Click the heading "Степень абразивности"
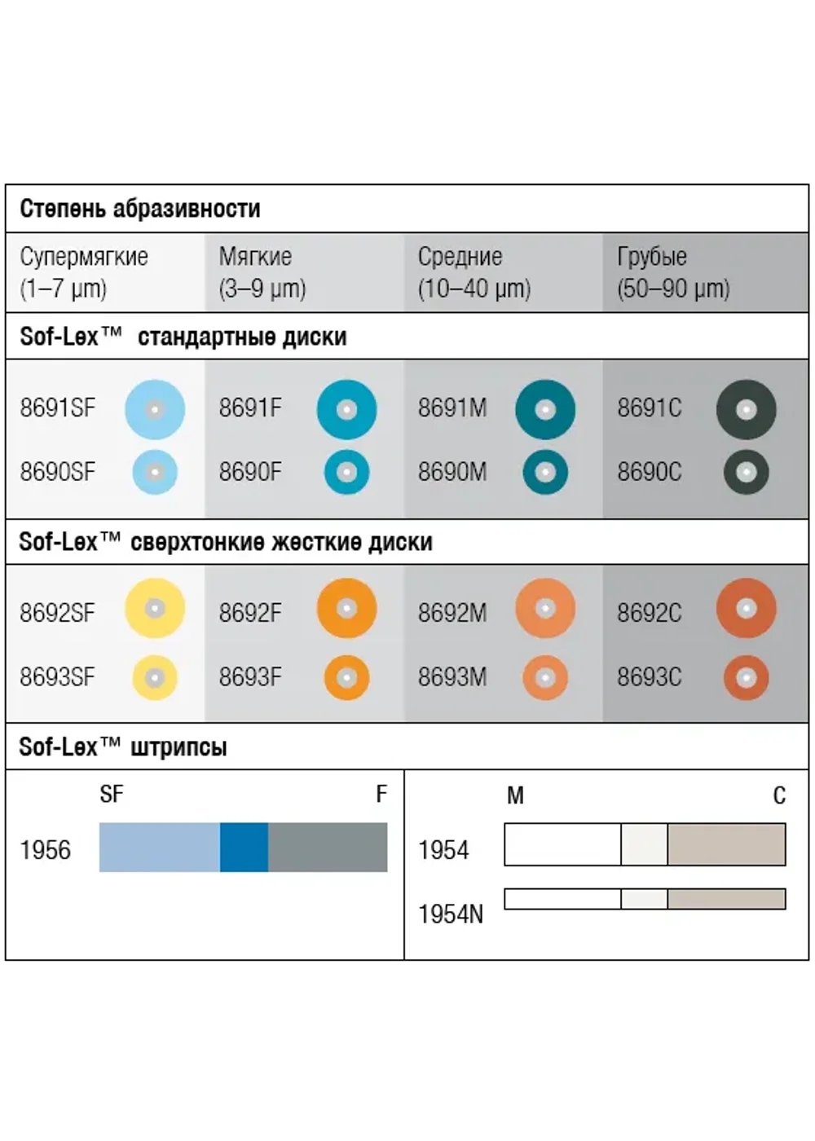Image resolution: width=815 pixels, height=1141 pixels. pyautogui.click(x=140, y=209)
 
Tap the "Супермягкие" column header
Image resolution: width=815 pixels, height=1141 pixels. pyautogui.click(x=84, y=257)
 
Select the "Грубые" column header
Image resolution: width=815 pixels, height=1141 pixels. pyautogui.click(x=651, y=257)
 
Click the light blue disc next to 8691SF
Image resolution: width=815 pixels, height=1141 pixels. pyautogui.click(x=155, y=409)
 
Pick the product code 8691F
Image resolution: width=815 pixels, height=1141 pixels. pyautogui.click(x=250, y=408)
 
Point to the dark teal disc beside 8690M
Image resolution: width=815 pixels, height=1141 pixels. pyautogui.click(x=545, y=472)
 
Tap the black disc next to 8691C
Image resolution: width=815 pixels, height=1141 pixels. pyautogui.click(x=747, y=409)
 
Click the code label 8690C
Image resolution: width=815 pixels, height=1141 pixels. pyautogui.click(x=649, y=472)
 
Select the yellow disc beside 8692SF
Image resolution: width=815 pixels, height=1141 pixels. pyautogui.click(x=155, y=608)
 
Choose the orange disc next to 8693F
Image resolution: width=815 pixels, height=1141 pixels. pyautogui.click(x=347, y=678)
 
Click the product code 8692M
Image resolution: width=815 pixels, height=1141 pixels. pyautogui.click(x=452, y=613)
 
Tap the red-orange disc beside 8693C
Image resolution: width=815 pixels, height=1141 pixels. pyautogui.click(x=747, y=678)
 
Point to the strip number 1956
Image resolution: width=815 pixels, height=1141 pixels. pyautogui.click(x=46, y=850)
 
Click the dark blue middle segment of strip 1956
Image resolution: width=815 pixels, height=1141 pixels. pyautogui.click(x=244, y=847)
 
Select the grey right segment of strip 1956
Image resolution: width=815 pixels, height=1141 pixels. pyautogui.click(x=328, y=847)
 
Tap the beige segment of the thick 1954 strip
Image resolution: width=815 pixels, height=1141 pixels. pyautogui.click(x=726, y=844)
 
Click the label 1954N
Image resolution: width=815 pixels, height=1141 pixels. pyautogui.click(x=450, y=914)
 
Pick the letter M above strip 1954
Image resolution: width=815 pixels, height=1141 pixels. pyautogui.click(x=515, y=795)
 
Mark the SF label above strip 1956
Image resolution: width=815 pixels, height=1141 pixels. pyautogui.click(x=112, y=794)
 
